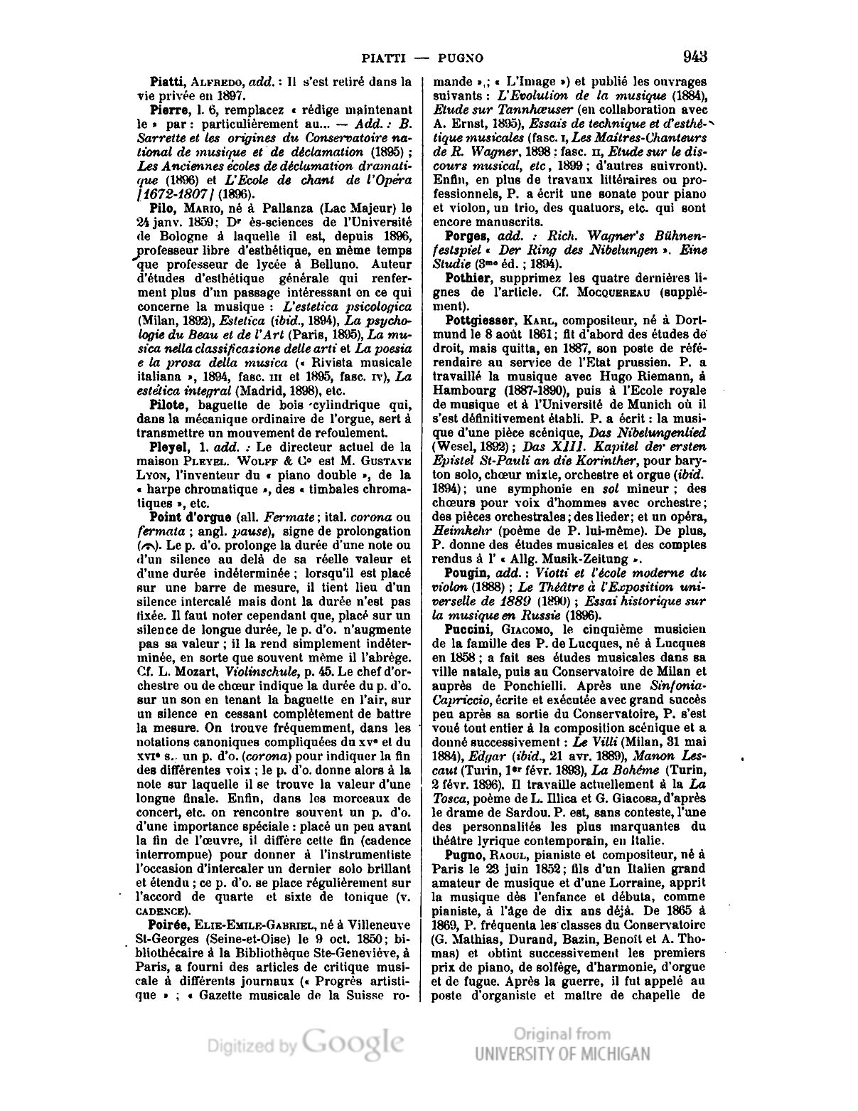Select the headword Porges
click(x=466, y=235)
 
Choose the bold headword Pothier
click(x=468, y=277)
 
